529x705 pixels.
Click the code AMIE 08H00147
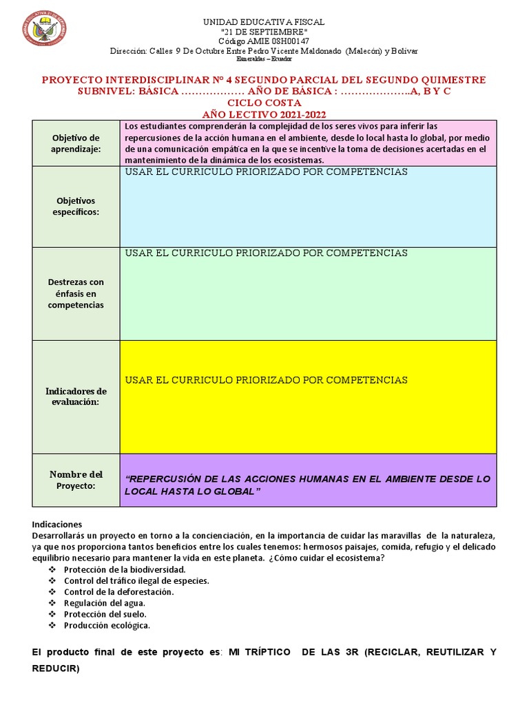coord(264,41)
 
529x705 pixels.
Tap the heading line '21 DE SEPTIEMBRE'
coord(264,32)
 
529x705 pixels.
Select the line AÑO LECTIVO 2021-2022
coord(264,114)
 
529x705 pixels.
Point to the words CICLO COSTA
coord(264,103)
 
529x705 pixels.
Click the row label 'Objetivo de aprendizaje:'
coord(76,143)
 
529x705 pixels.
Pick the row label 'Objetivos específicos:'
coord(76,207)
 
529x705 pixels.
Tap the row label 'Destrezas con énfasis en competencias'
coord(76,293)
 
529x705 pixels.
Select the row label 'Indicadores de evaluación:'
coord(76,397)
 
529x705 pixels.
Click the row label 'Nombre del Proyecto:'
coord(76,480)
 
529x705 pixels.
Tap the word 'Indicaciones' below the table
coord(57,525)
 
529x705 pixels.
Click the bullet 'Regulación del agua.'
coord(105,603)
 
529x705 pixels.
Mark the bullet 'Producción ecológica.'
coord(107,625)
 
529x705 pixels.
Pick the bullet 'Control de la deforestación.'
coord(119,591)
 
